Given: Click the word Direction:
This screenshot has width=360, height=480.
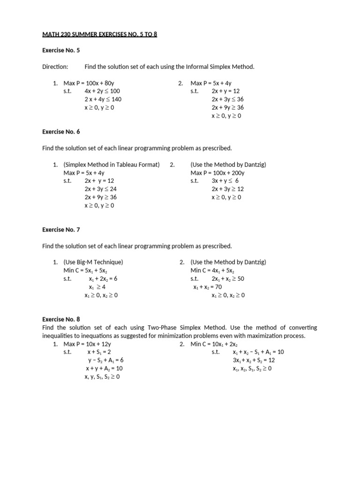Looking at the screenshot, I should click(x=55, y=67).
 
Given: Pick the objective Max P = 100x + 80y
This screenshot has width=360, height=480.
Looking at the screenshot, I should click(x=89, y=83).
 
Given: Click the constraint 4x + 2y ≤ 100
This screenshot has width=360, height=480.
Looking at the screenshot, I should click(x=102, y=91).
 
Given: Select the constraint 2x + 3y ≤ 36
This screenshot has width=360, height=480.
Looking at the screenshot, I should click(x=227, y=99).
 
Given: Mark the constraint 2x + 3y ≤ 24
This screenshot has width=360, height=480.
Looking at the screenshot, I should click(x=100, y=189).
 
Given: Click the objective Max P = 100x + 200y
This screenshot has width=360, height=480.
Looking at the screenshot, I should click(x=217, y=173).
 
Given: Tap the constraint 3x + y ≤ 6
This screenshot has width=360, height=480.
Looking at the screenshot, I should click(x=225, y=181).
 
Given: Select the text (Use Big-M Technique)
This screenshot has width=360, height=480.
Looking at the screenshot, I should click(x=93, y=262).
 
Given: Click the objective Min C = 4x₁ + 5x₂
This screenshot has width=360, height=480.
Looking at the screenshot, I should click(x=212, y=270).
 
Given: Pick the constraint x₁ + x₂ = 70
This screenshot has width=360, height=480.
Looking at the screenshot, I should click(x=207, y=287).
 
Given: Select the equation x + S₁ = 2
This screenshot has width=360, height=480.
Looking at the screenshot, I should click(x=99, y=352).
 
